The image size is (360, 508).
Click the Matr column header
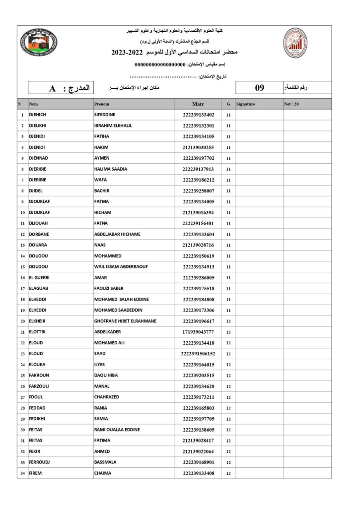click(198, 104)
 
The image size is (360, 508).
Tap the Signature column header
click(246, 104)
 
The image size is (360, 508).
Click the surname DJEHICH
click(38, 115)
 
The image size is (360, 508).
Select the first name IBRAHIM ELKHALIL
click(113, 126)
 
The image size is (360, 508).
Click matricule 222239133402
click(198, 115)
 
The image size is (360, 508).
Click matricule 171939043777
click(198, 332)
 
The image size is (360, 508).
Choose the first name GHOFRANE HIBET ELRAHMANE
click(125, 321)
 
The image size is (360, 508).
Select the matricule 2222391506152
click(198, 354)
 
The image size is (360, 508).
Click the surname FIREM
click(36, 473)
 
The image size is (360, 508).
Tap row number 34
click(23, 473)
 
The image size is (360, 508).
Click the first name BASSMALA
click(105, 462)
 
